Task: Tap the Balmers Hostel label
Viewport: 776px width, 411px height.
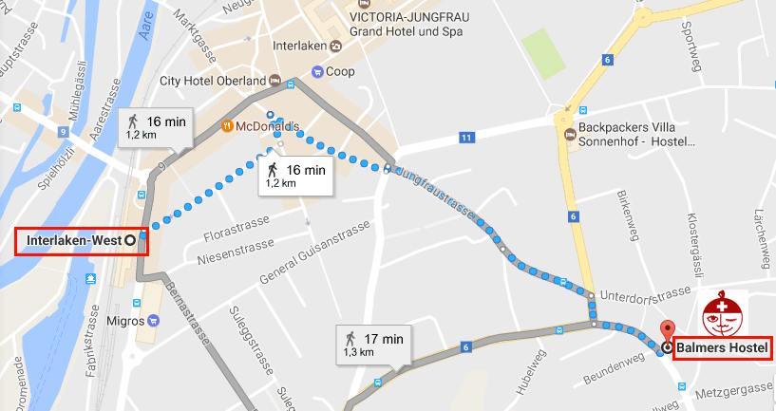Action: tap(722, 347)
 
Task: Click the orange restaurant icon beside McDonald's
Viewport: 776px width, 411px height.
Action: tap(227, 125)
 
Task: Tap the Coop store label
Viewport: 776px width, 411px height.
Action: tap(339, 71)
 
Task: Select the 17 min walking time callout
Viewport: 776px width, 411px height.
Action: tap(373, 344)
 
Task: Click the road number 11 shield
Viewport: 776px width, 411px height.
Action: tap(466, 139)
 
